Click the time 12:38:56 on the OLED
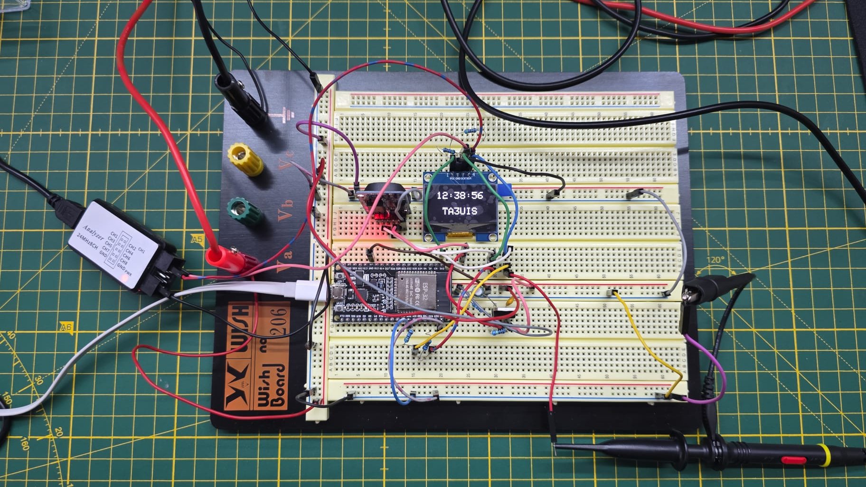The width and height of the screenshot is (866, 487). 460,195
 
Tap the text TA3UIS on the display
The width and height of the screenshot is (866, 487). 460,211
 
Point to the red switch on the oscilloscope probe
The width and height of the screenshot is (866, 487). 793,460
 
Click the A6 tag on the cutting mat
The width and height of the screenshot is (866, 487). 66,327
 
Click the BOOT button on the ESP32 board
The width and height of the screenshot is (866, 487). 340,308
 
